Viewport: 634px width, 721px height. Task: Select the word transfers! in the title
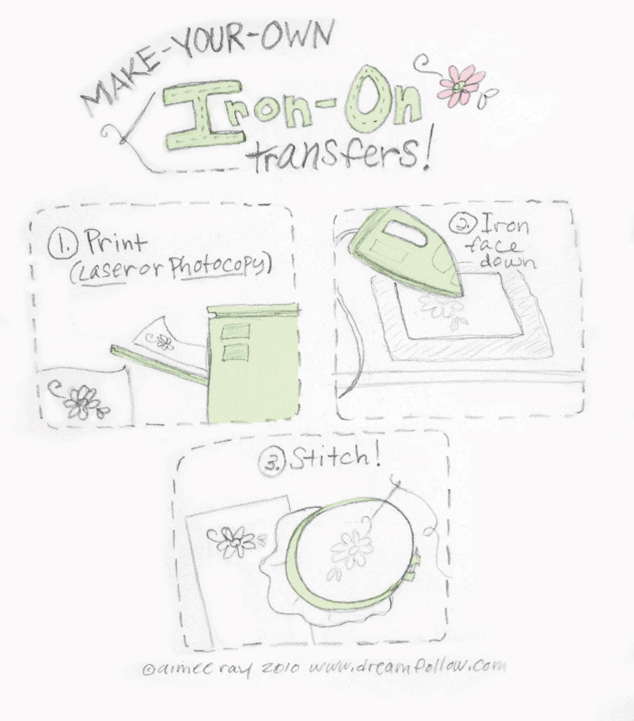(338, 154)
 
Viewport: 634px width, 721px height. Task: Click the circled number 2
(459, 224)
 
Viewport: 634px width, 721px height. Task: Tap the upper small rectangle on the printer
(237, 331)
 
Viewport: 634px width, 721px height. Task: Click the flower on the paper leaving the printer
(165, 342)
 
